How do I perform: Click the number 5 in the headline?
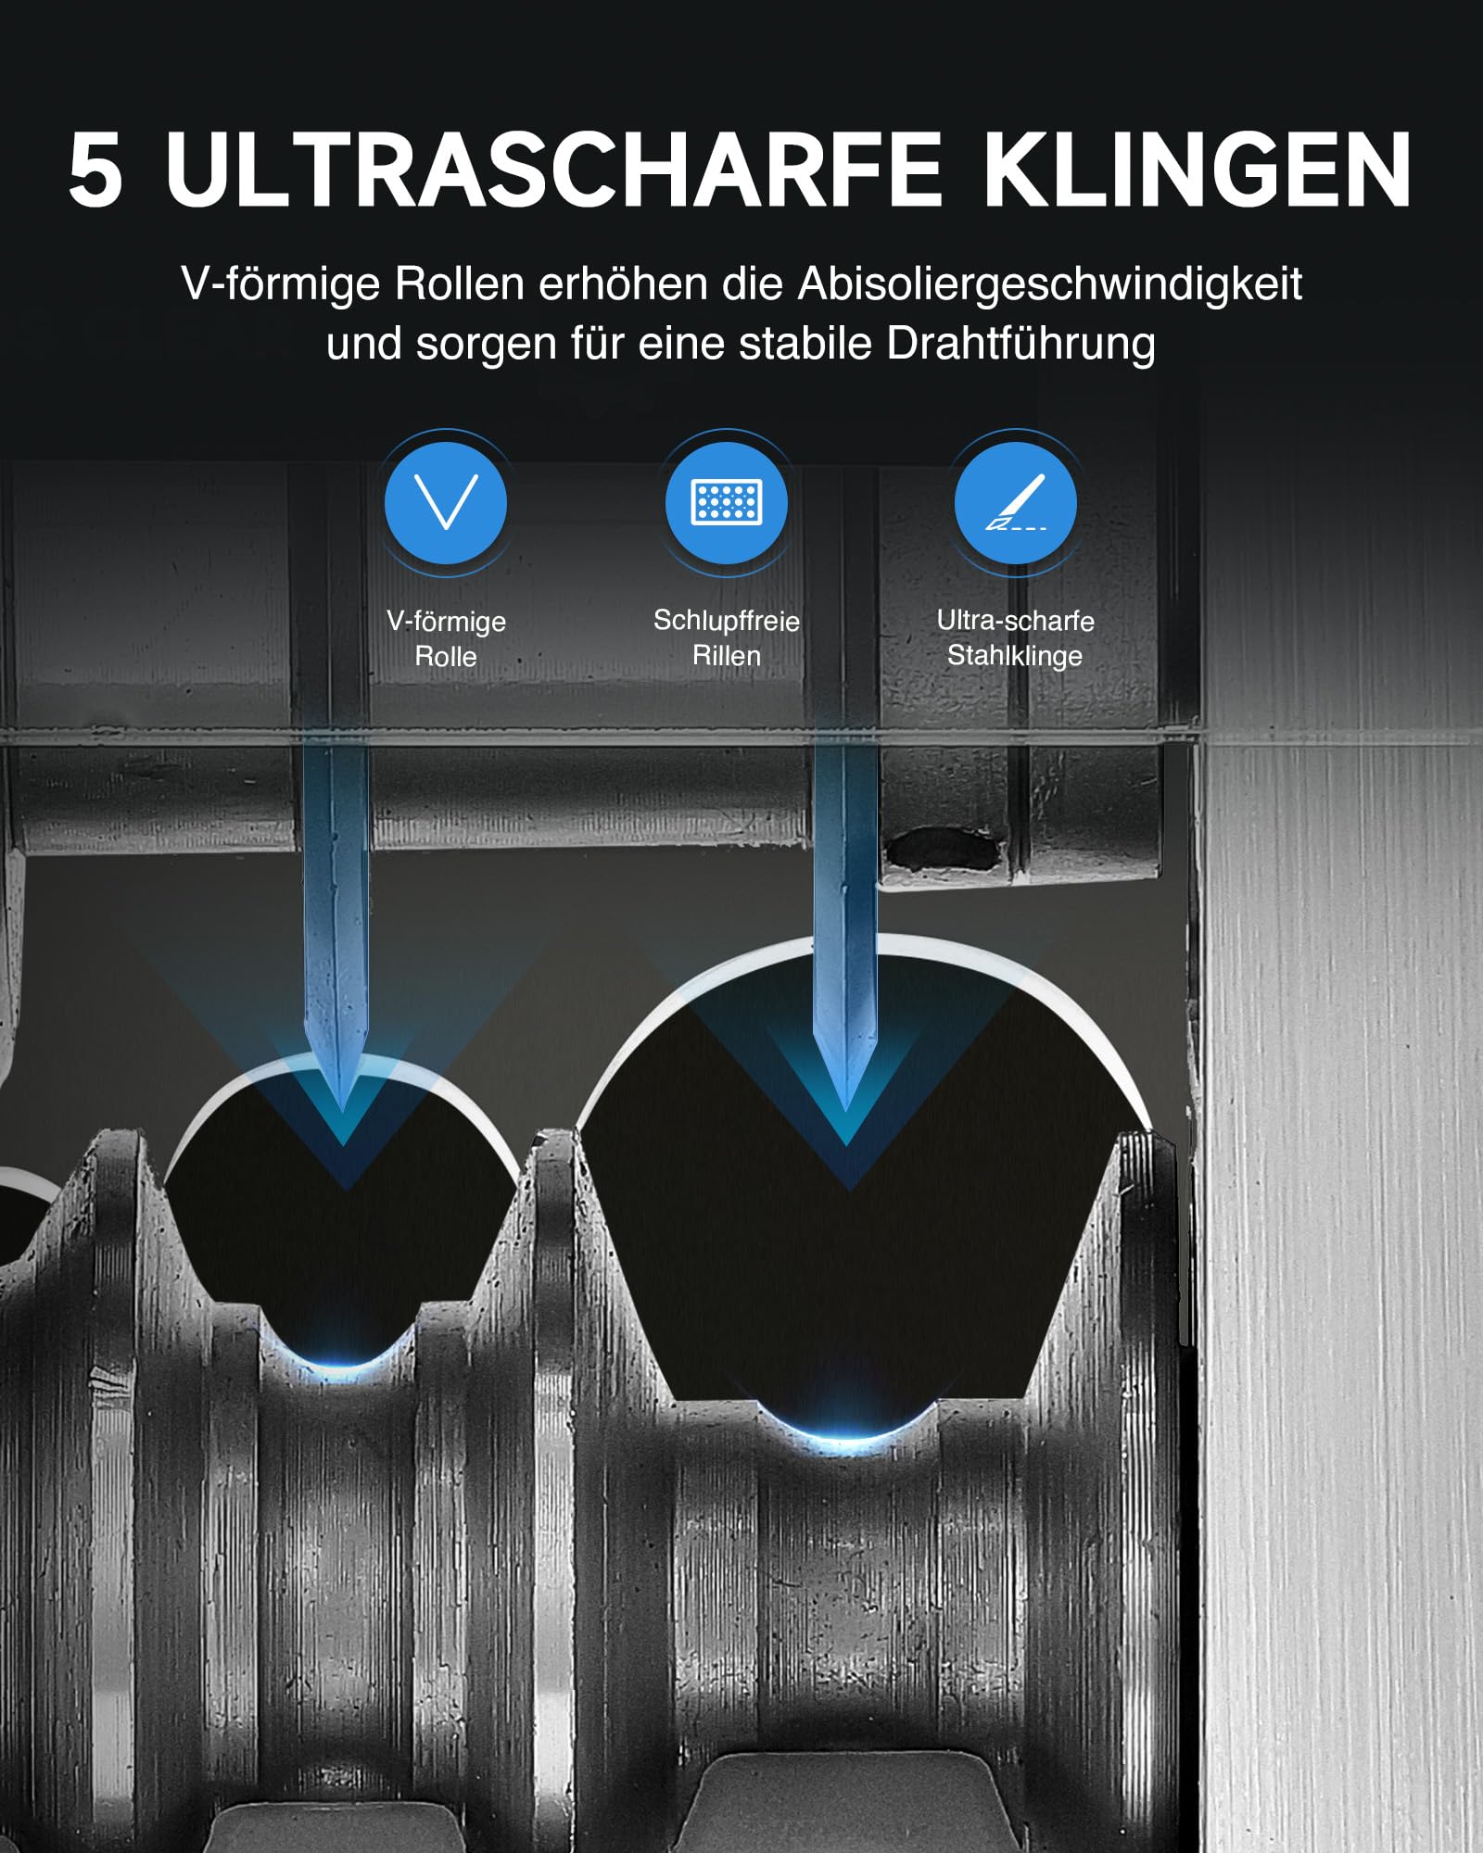[95, 170]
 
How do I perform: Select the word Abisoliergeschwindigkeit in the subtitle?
[1050, 284]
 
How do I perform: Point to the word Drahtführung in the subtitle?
[1020, 344]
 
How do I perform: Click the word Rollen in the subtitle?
[460, 284]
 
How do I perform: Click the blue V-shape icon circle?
[446, 503]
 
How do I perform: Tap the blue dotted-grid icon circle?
[727, 503]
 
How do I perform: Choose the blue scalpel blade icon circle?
[1016, 503]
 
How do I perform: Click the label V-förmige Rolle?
[446, 638]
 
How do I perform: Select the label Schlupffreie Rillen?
[727, 637]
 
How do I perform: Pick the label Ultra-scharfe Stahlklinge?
[1016, 637]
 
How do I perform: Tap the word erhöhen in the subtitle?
[623, 284]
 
